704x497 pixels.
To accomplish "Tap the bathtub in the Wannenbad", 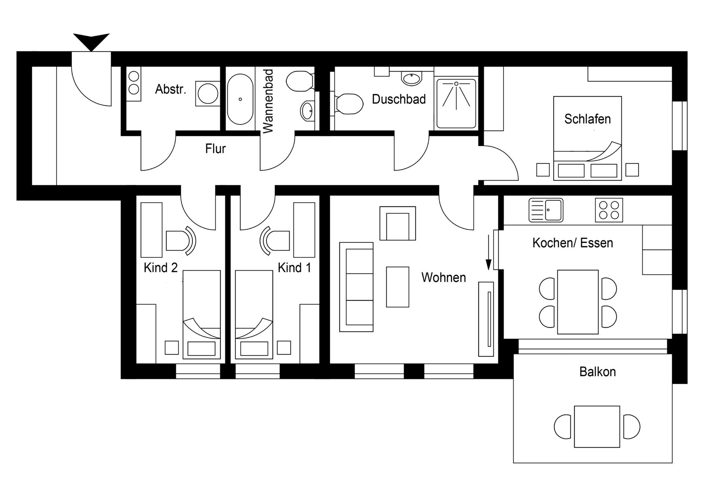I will coord(240,99).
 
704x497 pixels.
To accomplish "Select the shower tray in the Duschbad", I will coord(456,103).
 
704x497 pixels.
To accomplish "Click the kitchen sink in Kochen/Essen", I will coord(546,210).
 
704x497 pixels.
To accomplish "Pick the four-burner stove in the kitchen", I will coord(609,210).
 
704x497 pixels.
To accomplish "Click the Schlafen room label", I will coord(587,119).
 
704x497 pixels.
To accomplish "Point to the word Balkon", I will coord(597,372).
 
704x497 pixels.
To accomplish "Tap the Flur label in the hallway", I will coord(215,149).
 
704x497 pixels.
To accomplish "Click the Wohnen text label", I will coord(443,278).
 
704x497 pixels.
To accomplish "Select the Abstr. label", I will coord(170,89).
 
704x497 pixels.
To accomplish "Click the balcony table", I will coord(597,427).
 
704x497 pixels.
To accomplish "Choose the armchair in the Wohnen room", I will coord(397,223).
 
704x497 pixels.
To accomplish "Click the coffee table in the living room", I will coord(397,287).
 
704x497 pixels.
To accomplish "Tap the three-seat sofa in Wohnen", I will coord(356,287).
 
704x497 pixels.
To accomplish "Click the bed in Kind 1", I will coord(254,314).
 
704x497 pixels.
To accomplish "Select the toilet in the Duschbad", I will coord(349,104).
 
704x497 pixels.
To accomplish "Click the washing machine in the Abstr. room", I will coord(208,94).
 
